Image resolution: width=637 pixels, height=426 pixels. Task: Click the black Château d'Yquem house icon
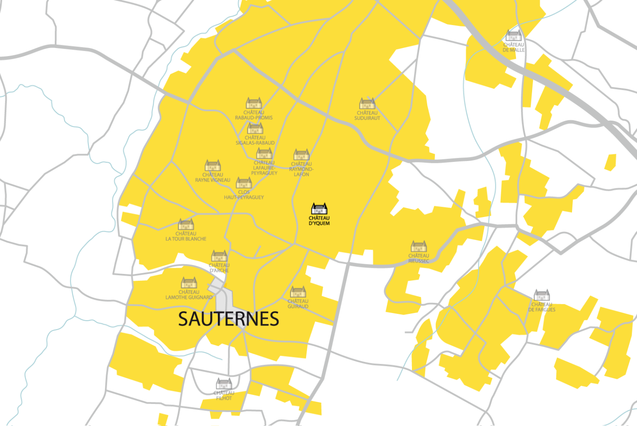(319, 209)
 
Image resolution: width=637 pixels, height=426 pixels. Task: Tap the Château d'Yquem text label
(319, 221)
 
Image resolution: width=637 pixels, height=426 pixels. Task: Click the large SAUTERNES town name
(229, 319)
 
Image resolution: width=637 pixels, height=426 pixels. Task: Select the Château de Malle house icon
(514, 35)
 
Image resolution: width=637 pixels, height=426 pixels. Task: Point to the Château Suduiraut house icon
(367, 104)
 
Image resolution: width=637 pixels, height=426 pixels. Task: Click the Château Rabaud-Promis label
(254, 115)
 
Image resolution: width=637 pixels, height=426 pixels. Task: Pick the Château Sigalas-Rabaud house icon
(255, 129)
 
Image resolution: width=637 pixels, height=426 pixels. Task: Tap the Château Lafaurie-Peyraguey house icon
(264, 154)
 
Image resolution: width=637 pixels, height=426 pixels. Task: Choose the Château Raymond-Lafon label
(301, 169)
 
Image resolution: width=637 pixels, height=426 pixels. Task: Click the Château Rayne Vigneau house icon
(212, 165)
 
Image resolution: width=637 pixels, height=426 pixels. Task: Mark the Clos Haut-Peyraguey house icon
(244, 183)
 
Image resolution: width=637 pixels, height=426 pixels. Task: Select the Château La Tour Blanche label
(186, 236)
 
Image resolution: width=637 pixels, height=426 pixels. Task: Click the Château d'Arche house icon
(219, 256)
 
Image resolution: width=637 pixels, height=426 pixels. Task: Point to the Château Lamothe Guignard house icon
(189, 283)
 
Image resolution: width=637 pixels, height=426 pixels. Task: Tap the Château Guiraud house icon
(298, 292)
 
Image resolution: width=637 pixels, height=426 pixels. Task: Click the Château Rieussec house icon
(419, 247)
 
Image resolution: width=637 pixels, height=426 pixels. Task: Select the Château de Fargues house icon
(542, 295)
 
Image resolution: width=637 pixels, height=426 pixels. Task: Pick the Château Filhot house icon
(224, 384)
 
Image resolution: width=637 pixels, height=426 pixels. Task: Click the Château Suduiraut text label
(367, 116)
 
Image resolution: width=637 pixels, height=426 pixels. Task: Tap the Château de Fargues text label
(542, 307)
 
